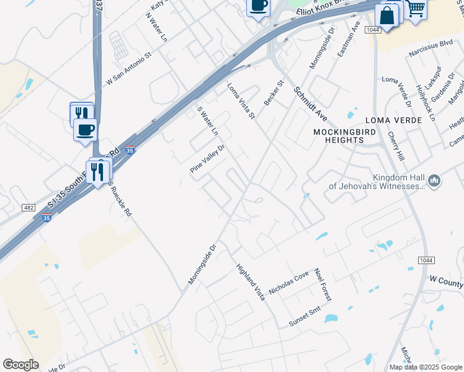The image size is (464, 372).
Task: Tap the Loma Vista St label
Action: click(x=241, y=102)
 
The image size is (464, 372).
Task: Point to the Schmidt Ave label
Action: click(x=310, y=104)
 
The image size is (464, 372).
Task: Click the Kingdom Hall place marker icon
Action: click(x=434, y=181)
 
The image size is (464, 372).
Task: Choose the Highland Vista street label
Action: click(x=251, y=282)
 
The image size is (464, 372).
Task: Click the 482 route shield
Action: click(x=29, y=208)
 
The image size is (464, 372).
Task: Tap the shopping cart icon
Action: click(x=415, y=8)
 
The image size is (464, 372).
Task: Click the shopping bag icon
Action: click(x=387, y=16)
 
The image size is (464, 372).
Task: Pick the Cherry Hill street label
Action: click(x=396, y=147)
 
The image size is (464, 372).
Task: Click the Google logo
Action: click(x=20, y=365)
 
